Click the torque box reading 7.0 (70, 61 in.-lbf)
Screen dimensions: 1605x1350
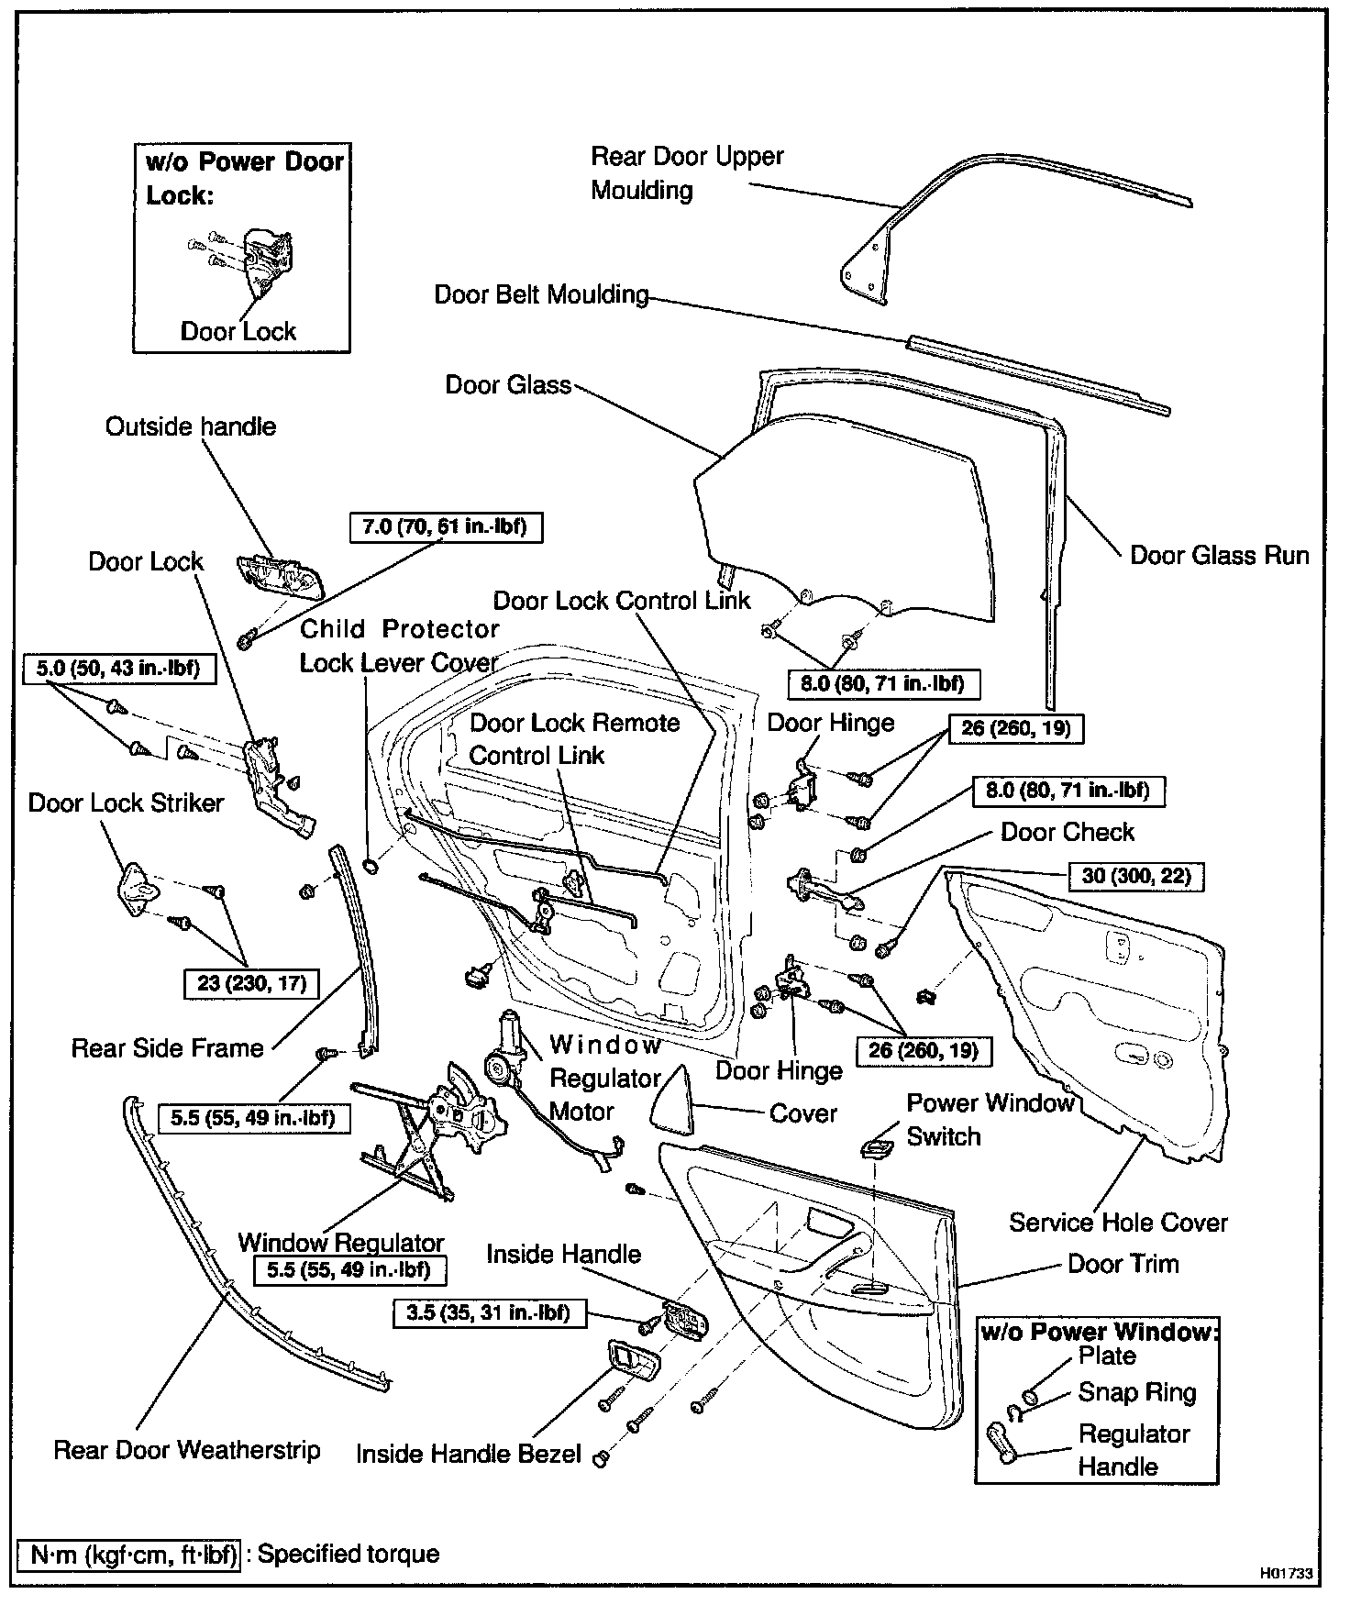(x=446, y=527)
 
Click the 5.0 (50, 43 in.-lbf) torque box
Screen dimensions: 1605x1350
(x=117, y=668)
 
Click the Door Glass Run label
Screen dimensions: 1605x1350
(x=1219, y=555)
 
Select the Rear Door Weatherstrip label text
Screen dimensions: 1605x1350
(x=187, y=1450)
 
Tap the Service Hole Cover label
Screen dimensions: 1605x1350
(x=1118, y=1222)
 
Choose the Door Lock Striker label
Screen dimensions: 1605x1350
(x=126, y=802)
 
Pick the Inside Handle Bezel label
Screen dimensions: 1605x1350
(x=468, y=1454)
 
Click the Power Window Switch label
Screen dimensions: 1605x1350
(x=990, y=1119)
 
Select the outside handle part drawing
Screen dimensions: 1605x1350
(x=281, y=576)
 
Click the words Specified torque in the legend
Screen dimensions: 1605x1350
(x=348, y=1554)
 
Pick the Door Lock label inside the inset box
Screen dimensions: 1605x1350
(x=238, y=331)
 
